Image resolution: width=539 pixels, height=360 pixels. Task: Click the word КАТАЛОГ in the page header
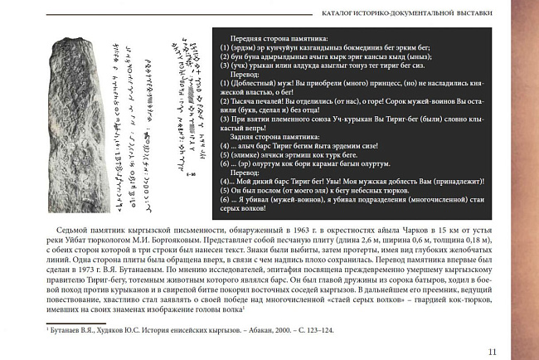[337, 12]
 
